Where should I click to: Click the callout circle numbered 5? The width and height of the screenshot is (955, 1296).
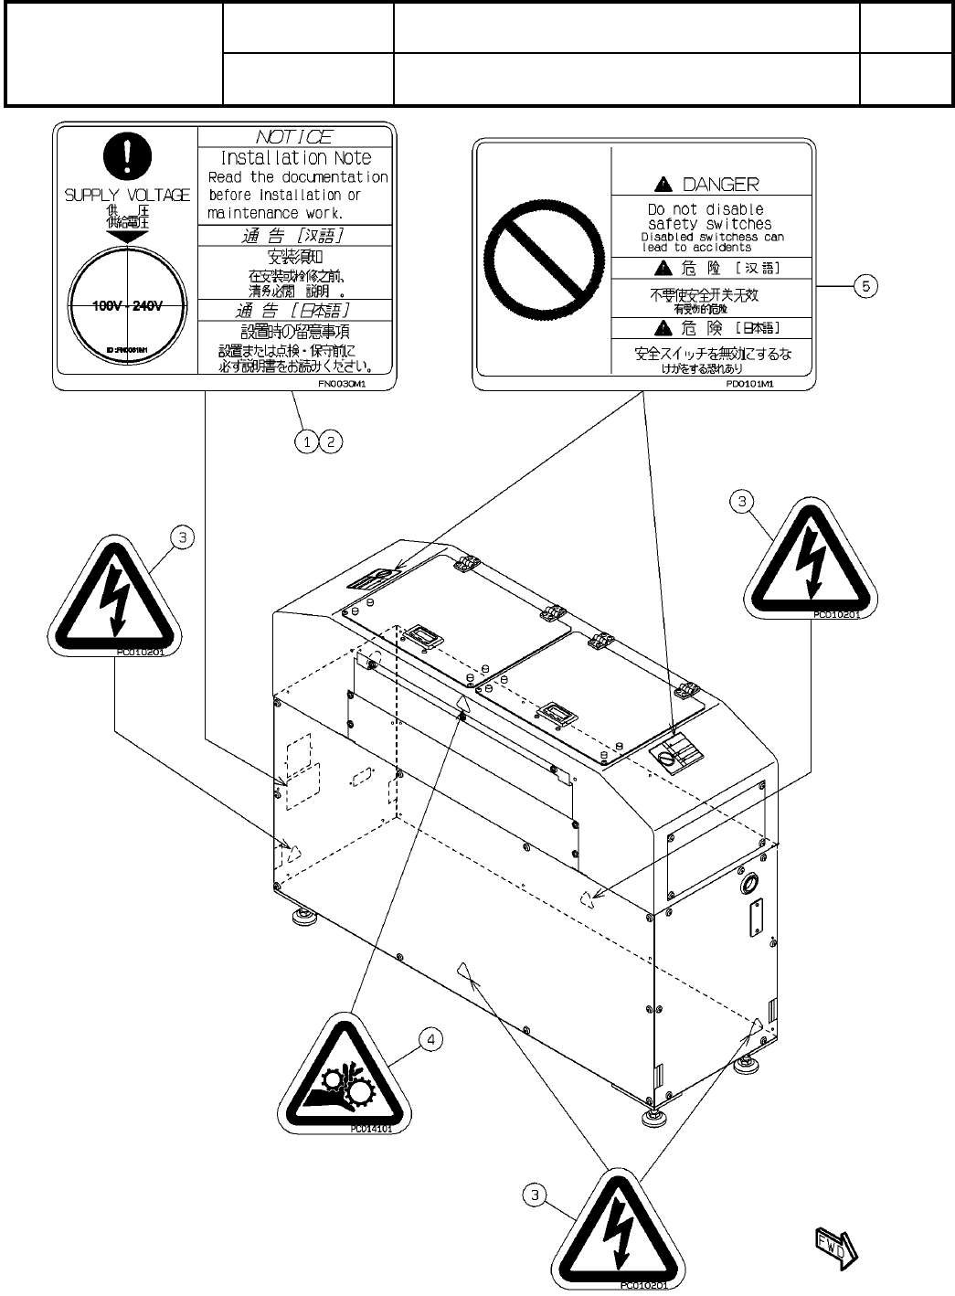[865, 286]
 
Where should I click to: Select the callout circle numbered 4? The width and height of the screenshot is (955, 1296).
[430, 1039]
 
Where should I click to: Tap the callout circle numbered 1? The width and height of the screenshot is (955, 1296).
[308, 441]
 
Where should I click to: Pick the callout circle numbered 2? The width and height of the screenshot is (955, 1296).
[331, 441]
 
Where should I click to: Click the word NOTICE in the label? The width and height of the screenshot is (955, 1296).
[294, 137]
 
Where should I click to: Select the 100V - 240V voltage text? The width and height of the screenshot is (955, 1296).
[127, 306]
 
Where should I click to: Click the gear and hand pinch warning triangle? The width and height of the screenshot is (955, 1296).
[339, 1078]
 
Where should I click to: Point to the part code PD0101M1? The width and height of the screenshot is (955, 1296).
[749, 385]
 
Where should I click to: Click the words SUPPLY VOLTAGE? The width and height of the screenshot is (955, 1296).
[127, 195]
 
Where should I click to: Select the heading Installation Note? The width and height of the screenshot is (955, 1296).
[296, 158]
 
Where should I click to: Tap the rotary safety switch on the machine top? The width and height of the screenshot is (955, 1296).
[675, 755]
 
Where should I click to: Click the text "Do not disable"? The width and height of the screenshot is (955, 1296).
[706, 209]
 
